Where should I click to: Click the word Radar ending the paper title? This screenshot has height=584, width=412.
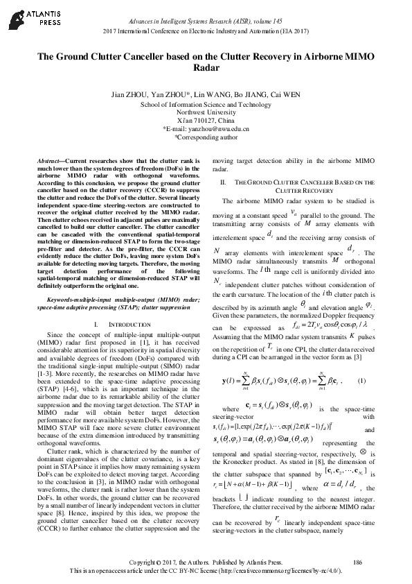click(206, 69)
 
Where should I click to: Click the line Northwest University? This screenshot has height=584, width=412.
click(206, 112)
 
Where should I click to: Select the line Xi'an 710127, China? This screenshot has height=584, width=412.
click(206, 121)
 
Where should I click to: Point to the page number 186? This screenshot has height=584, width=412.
click(357, 561)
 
